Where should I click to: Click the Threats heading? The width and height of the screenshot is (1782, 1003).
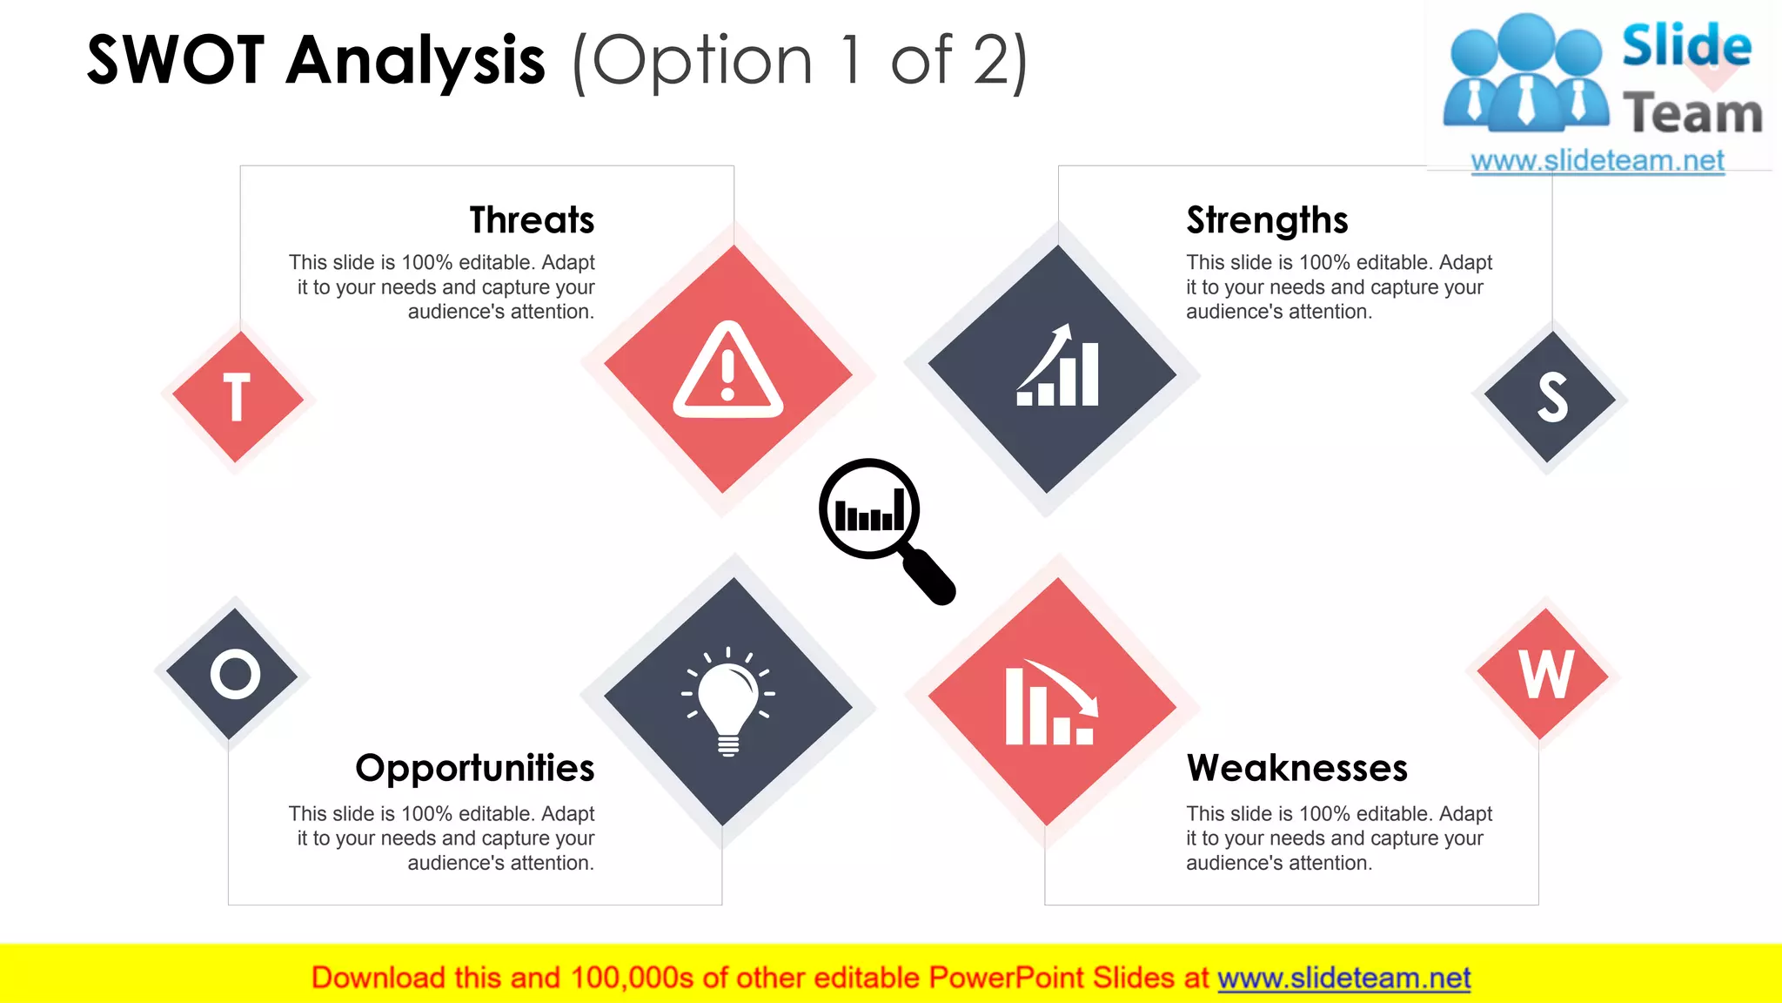point(532,220)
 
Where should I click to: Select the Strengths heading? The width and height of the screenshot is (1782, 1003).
point(1267,220)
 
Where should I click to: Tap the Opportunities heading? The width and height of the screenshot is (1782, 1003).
point(475,768)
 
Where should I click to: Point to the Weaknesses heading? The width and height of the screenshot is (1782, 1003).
point(1296,768)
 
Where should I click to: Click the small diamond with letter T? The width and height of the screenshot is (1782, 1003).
point(238,397)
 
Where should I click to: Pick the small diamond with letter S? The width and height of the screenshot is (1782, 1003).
point(1550,397)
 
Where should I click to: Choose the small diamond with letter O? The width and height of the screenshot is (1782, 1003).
point(233,674)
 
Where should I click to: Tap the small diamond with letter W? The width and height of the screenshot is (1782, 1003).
point(1544,674)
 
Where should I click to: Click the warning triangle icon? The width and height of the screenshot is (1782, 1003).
point(728,372)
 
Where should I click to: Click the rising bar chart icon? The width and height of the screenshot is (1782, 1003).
point(1057,367)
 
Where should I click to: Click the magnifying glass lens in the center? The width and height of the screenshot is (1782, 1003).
point(869,508)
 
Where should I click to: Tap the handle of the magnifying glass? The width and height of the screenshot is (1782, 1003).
point(929,576)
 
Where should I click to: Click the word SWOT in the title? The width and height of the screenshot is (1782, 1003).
point(176,61)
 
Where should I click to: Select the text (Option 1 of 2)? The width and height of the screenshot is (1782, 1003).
point(800,61)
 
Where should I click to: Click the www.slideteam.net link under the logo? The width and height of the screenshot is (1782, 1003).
point(1597,161)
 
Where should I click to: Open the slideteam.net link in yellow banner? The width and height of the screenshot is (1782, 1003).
point(1343,978)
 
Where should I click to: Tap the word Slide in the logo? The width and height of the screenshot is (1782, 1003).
point(1685,46)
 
